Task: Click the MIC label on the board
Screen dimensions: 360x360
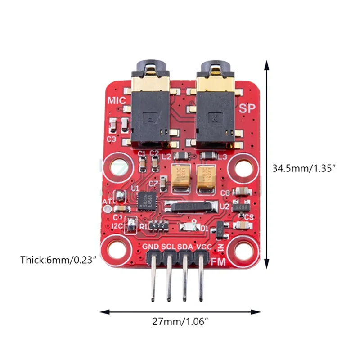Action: coord(116,100)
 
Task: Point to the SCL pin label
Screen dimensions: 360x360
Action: coord(168,247)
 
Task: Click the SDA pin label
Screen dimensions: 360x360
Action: coord(185,247)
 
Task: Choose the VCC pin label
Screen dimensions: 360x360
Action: coord(203,247)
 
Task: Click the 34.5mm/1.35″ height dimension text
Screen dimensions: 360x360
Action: coord(305,168)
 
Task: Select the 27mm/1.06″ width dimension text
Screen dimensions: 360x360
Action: coord(180,322)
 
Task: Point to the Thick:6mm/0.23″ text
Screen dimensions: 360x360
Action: coord(58,260)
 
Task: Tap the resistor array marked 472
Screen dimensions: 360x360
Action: coord(158,225)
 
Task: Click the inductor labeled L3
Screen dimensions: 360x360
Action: coord(208,156)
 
